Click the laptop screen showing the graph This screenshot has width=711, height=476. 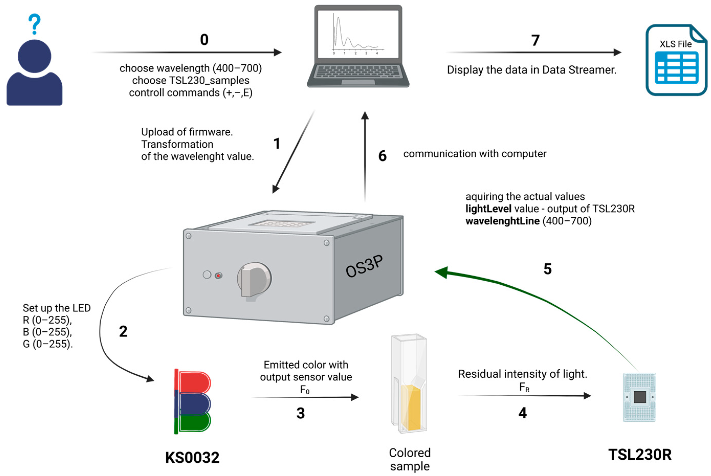[358, 34]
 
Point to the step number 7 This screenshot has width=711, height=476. [535, 40]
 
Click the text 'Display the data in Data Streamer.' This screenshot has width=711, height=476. [531, 70]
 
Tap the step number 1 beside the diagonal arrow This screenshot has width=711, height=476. [276, 144]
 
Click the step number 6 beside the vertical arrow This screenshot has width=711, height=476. [382, 156]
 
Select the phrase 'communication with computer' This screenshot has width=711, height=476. [475, 154]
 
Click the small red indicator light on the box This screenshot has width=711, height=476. [218, 276]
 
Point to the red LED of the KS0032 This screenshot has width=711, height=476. [194, 382]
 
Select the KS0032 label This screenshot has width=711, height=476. [192, 458]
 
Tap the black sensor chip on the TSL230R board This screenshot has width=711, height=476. [640, 397]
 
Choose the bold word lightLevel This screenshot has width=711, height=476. [488, 209]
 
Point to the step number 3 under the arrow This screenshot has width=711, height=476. [301, 413]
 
